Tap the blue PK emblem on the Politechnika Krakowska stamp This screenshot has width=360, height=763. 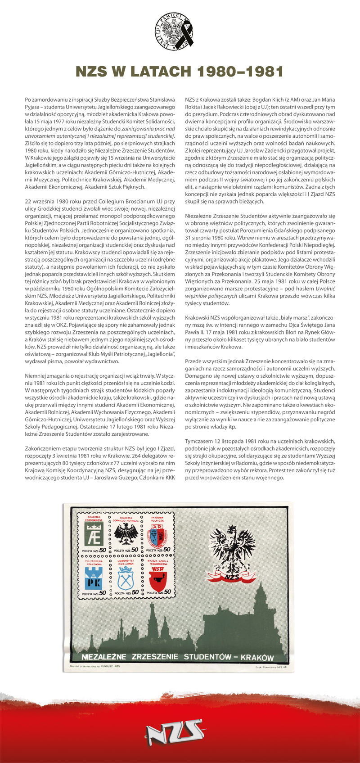click(x=94, y=578)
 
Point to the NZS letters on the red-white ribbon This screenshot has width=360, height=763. click(x=232, y=578)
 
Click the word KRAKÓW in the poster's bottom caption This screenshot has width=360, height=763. click(x=258, y=658)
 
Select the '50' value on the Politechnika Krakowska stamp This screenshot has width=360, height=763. click(x=103, y=593)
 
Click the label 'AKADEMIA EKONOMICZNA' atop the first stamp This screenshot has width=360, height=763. click(x=94, y=519)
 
